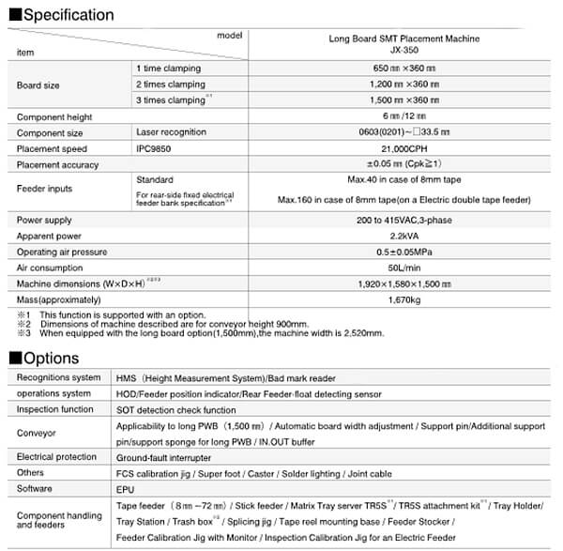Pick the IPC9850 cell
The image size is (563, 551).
tap(157, 149)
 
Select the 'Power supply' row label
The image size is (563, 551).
tap(45, 220)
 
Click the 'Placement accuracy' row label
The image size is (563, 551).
tap(58, 165)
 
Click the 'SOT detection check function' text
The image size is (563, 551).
tap(175, 409)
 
